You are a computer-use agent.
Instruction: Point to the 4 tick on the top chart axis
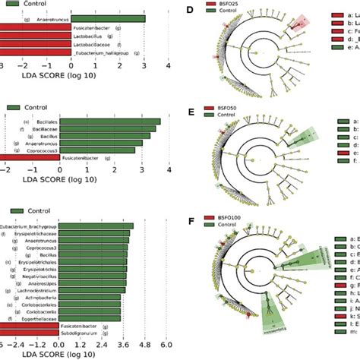tap(169, 67)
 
